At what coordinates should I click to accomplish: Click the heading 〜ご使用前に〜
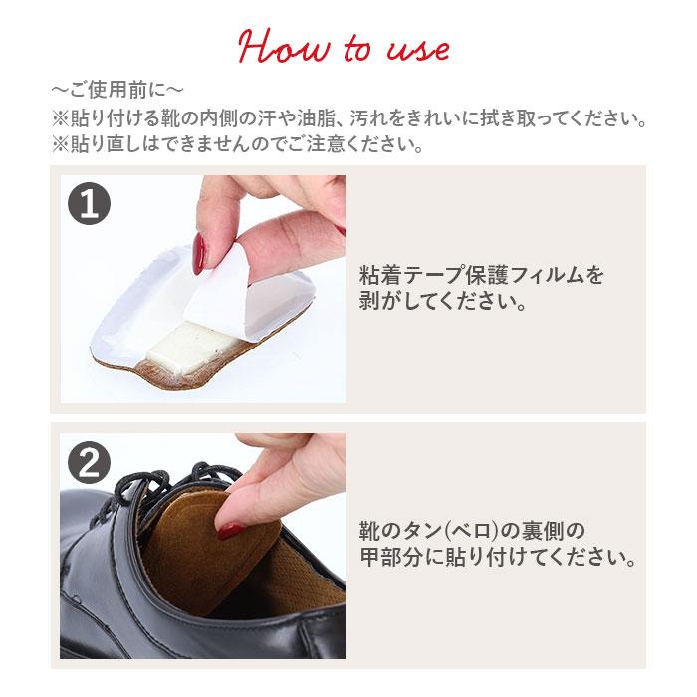tap(116, 91)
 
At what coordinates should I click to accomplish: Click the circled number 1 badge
tap(89, 204)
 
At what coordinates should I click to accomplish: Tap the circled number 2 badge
tap(89, 461)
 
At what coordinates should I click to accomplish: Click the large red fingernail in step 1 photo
tap(201, 253)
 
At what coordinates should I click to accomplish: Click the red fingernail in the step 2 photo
tap(229, 531)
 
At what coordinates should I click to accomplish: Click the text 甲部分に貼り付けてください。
tap(498, 556)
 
